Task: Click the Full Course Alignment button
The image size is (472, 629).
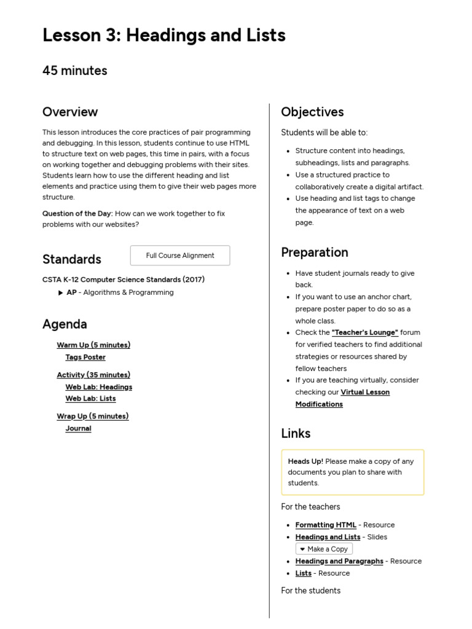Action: (x=180, y=256)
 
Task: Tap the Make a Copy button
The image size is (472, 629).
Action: (x=324, y=549)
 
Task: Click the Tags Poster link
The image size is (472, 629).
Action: (x=85, y=357)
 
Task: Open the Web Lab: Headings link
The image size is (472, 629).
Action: (x=98, y=387)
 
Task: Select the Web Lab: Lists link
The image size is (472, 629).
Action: (x=90, y=399)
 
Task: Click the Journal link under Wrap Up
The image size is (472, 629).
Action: (x=78, y=429)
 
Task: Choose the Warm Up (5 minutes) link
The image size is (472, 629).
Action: (x=93, y=345)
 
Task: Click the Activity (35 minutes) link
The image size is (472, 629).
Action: (x=93, y=375)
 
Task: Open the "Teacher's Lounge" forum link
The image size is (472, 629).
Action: (x=364, y=332)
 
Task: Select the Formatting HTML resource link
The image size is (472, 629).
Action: (x=326, y=525)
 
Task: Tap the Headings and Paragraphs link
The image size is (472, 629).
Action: (x=339, y=561)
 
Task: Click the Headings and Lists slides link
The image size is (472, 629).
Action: (x=328, y=537)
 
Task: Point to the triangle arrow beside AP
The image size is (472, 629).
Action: (x=60, y=293)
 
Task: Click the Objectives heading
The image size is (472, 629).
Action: (x=312, y=112)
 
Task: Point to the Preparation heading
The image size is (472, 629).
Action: (x=315, y=252)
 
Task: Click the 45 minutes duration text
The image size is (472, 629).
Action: (x=74, y=71)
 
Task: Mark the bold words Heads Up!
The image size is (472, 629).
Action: (x=305, y=461)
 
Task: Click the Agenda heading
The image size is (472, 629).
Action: (x=65, y=324)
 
